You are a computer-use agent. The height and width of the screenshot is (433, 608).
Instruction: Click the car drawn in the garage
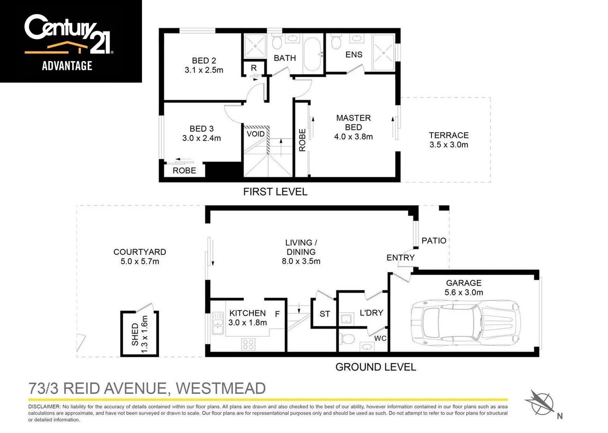pyautogui.click(x=465, y=323)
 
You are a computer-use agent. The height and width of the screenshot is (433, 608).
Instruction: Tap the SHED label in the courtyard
pyautogui.click(x=135, y=334)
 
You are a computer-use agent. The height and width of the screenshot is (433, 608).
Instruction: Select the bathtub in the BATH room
pyautogui.click(x=312, y=54)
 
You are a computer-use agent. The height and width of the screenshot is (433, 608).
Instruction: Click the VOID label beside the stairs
pyautogui.click(x=255, y=134)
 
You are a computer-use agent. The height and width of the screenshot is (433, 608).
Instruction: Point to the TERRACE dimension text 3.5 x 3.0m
pyautogui.click(x=448, y=145)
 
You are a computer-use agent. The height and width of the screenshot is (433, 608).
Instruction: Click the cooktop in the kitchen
pyautogui.click(x=248, y=344)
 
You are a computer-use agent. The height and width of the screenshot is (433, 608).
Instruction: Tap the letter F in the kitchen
pyautogui.click(x=277, y=314)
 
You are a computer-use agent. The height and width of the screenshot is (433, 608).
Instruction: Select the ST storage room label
pyautogui.click(x=324, y=314)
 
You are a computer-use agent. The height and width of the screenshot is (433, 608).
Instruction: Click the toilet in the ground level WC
pyautogui.click(x=347, y=339)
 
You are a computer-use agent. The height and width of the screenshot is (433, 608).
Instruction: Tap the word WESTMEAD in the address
pyautogui.click(x=221, y=388)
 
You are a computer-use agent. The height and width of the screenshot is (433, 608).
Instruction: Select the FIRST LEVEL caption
pyautogui.click(x=275, y=192)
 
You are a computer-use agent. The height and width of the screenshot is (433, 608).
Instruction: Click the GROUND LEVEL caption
pyautogui.click(x=375, y=367)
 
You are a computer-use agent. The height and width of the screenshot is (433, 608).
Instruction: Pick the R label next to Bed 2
pyautogui.click(x=254, y=68)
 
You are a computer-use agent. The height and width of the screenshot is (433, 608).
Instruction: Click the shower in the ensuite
pyautogui.click(x=383, y=53)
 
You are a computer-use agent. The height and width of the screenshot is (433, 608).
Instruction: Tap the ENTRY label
pyautogui.click(x=400, y=258)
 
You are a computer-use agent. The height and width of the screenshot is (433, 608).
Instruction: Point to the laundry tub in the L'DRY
pyautogui.click(x=346, y=319)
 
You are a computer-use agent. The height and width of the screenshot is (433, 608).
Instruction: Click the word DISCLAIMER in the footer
pyautogui.click(x=44, y=407)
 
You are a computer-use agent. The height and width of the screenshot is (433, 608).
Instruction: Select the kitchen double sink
pyautogui.click(x=218, y=323)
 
